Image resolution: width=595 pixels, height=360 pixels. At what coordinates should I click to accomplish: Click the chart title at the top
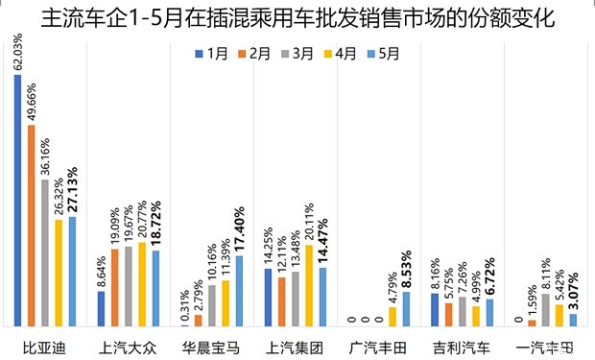[x=297, y=18]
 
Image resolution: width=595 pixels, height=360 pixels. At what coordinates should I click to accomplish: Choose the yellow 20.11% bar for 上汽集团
[x=308, y=284]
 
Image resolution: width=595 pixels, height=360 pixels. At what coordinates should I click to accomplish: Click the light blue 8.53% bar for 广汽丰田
[x=406, y=308]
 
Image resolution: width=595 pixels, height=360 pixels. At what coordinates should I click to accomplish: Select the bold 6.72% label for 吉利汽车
[x=489, y=276]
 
